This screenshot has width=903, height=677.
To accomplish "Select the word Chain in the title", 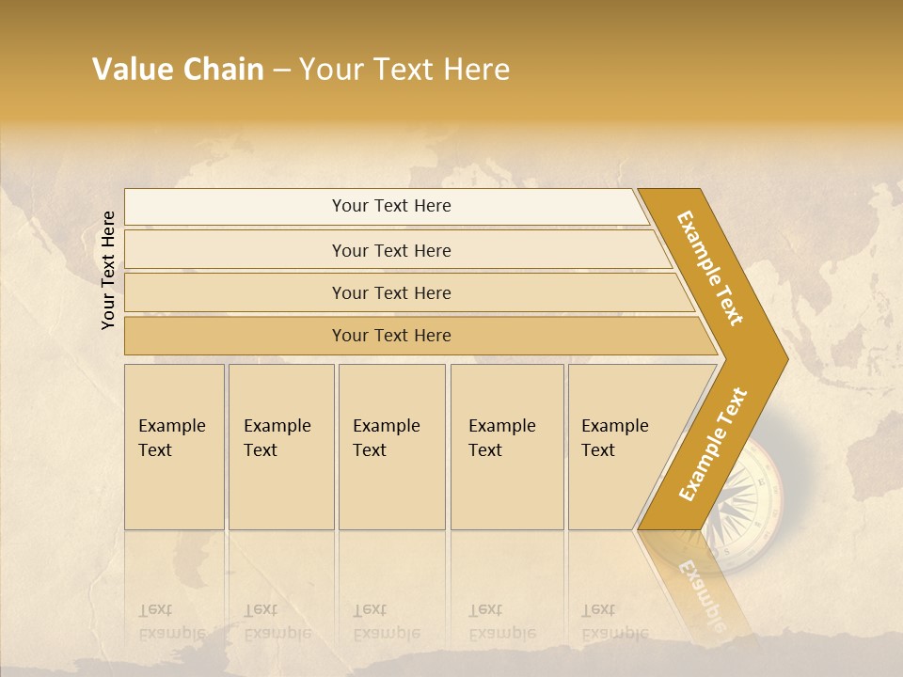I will click(x=223, y=70).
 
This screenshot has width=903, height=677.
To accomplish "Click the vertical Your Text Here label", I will click(x=108, y=271).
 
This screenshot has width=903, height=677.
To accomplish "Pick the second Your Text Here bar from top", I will click(x=390, y=250).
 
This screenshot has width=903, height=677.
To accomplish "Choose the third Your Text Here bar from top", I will click(x=390, y=292).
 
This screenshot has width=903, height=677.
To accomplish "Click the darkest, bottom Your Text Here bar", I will click(x=390, y=336).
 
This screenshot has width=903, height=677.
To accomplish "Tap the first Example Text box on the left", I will click(x=174, y=447).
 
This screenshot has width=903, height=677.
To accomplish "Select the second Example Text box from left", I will click(x=281, y=447).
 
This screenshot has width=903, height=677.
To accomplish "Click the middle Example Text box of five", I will click(x=391, y=447).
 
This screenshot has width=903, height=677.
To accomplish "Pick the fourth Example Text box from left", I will click(x=507, y=447).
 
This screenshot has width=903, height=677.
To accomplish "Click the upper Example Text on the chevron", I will click(x=711, y=269).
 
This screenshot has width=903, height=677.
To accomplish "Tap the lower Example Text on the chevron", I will click(x=713, y=444).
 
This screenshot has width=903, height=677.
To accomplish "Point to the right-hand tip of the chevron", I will click(x=784, y=358).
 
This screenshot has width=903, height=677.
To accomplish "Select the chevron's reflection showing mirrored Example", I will click(x=701, y=592).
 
